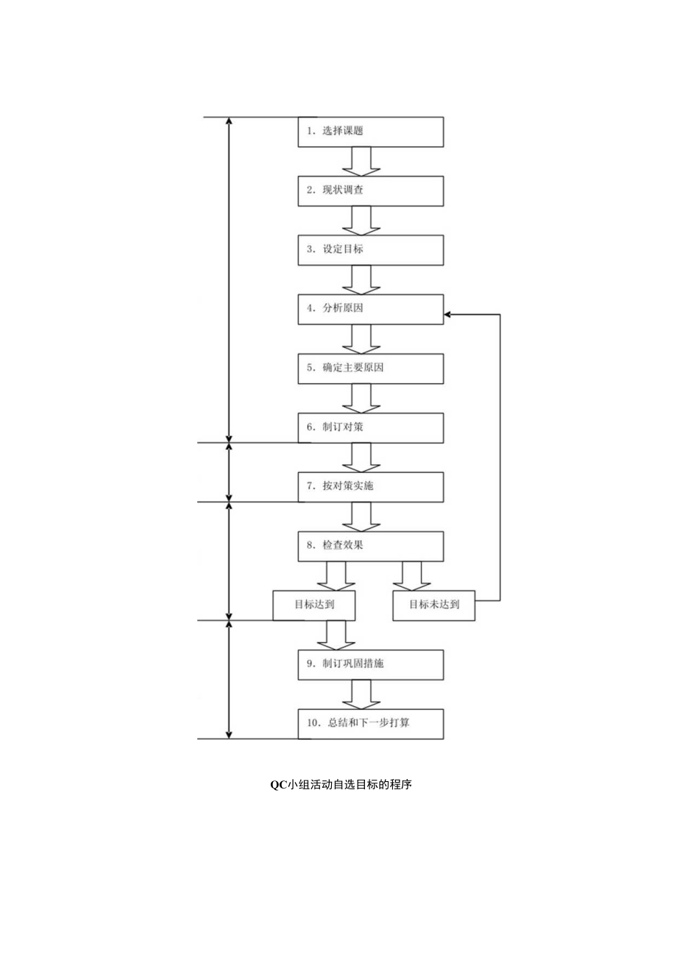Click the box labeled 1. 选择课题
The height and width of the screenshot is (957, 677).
click(x=370, y=131)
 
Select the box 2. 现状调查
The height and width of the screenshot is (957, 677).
click(x=370, y=191)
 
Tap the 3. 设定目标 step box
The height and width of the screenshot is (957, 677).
click(x=370, y=249)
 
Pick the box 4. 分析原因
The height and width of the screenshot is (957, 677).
click(x=370, y=309)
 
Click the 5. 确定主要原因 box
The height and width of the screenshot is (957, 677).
click(x=370, y=368)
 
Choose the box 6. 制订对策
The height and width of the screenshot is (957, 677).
click(x=370, y=427)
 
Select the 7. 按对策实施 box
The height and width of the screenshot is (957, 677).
click(x=370, y=486)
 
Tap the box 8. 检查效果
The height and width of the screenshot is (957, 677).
click(x=370, y=546)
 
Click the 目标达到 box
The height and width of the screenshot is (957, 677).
click(x=314, y=605)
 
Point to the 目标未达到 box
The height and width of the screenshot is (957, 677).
click(x=433, y=605)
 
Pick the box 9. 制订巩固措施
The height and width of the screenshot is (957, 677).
click(x=370, y=664)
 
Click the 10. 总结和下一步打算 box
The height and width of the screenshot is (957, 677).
click(x=370, y=723)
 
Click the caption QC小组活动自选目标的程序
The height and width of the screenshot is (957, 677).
click(x=340, y=785)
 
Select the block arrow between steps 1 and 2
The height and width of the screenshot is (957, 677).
click(x=361, y=161)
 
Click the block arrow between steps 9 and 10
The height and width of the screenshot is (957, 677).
click(x=361, y=694)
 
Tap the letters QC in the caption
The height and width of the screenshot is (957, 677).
click(x=277, y=785)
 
